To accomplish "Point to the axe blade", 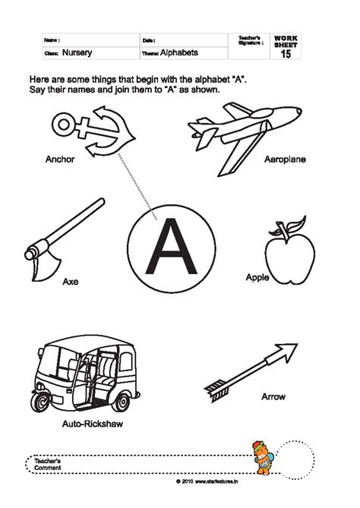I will (x=39, y=257).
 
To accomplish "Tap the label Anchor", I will (x=60, y=161).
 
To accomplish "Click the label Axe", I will (x=71, y=282).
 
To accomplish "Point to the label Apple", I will (x=257, y=278).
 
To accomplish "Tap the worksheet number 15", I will (x=286, y=55).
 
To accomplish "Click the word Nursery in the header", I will (x=78, y=54).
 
